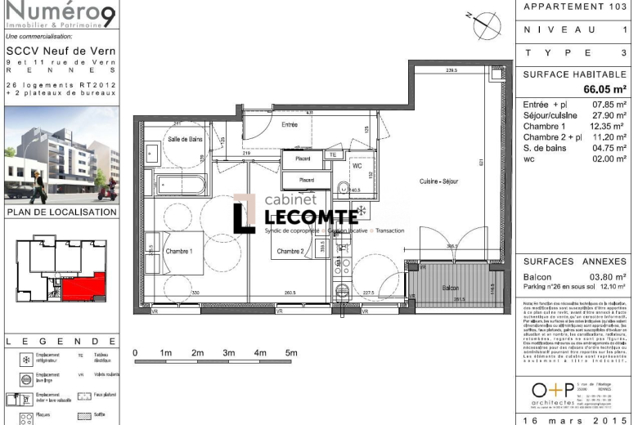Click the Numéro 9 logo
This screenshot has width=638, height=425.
pos(61,15)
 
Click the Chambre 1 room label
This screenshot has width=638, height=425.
pos(179,252)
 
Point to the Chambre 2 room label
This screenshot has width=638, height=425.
pos(290,251)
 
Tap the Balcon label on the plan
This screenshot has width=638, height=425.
pos(451,289)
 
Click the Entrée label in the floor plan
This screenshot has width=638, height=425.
pos(290,125)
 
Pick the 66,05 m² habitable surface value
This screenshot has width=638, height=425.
pos(604,89)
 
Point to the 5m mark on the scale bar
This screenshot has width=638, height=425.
pos(290,353)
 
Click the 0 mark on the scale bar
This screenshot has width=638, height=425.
pos(135,353)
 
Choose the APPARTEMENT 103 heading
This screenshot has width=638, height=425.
pos(575,7)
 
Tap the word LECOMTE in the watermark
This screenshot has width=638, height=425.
pos(312,216)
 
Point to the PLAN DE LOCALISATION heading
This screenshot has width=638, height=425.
pos(61,212)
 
